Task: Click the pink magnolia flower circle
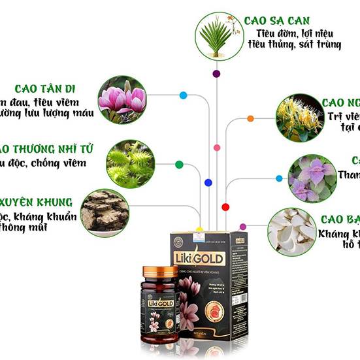pos(122,99)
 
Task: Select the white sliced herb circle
pos(291,231)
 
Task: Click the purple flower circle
pos(312,178)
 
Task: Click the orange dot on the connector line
pos(250,119)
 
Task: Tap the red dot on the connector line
pos(225,206)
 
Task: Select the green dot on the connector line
pos(178,164)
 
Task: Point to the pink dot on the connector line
pos(217,148)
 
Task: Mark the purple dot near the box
pos(243,227)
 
